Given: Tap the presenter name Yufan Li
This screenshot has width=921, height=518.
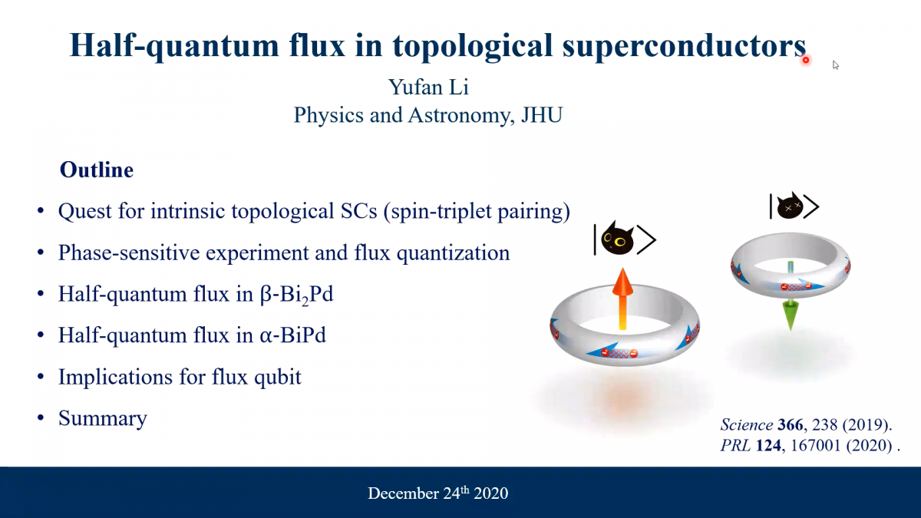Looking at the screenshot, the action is (x=428, y=87).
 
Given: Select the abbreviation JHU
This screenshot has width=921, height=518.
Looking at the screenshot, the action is (x=542, y=114).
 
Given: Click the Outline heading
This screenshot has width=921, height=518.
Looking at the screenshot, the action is (x=97, y=170).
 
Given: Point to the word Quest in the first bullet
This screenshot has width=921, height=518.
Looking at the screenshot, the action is (x=84, y=211).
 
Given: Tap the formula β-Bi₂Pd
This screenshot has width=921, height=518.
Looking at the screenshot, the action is (x=296, y=295).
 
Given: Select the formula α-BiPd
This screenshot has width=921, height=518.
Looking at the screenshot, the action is (x=292, y=335).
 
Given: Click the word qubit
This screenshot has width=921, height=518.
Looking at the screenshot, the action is (x=278, y=377).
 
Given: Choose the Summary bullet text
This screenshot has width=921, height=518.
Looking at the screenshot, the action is (x=103, y=418).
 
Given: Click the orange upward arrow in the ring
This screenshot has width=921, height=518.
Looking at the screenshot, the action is (x=622, y=299).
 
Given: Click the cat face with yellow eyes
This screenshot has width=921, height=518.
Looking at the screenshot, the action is (x=618, y=239).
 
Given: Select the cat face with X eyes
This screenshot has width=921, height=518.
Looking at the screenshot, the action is (x=790, y=206).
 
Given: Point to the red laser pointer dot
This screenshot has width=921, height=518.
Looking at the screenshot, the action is (x=805, y=61).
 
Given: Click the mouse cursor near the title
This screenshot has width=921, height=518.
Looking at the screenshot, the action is (x=836, y=65).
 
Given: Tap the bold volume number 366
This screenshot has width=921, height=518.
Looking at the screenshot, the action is (x=790, y=424).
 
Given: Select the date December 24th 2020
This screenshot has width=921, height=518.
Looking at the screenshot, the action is (x=438, y=493).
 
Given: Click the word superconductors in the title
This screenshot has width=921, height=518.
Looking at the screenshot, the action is (x=684, y=46).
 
